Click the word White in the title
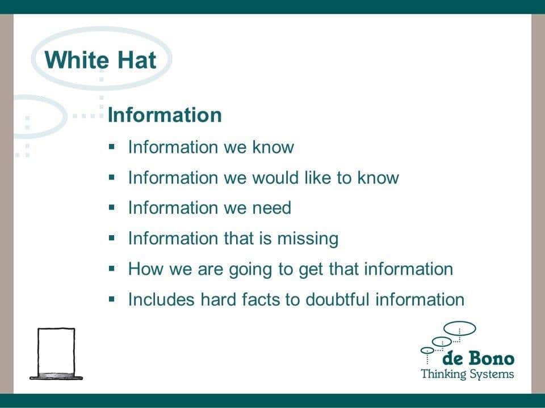[76, 59]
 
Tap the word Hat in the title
[137, 59]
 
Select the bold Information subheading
[165, 115]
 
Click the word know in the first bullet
[273, 147]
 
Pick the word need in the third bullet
[271, 207]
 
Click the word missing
[308, 239]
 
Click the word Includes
[161, 299]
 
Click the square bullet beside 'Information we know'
[112, 147]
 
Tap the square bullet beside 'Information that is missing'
[112, 238]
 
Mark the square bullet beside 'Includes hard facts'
[112, 299]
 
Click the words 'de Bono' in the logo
[478, 358]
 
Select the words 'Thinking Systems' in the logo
[467, 374]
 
